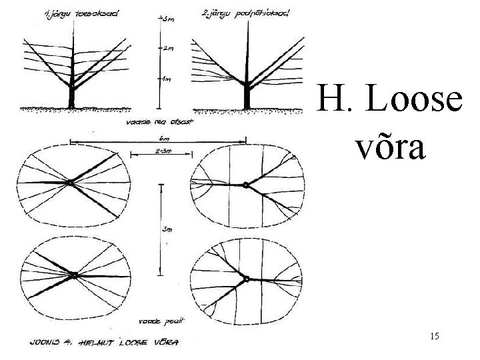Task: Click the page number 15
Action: pos(435,337)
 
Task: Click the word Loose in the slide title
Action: pos(414,101)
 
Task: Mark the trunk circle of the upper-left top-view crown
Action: pos(70,182)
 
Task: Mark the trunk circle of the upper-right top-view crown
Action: pos(246,185)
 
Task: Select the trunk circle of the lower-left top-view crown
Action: pos(75,275)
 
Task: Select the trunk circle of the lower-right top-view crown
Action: pos(247,279)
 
